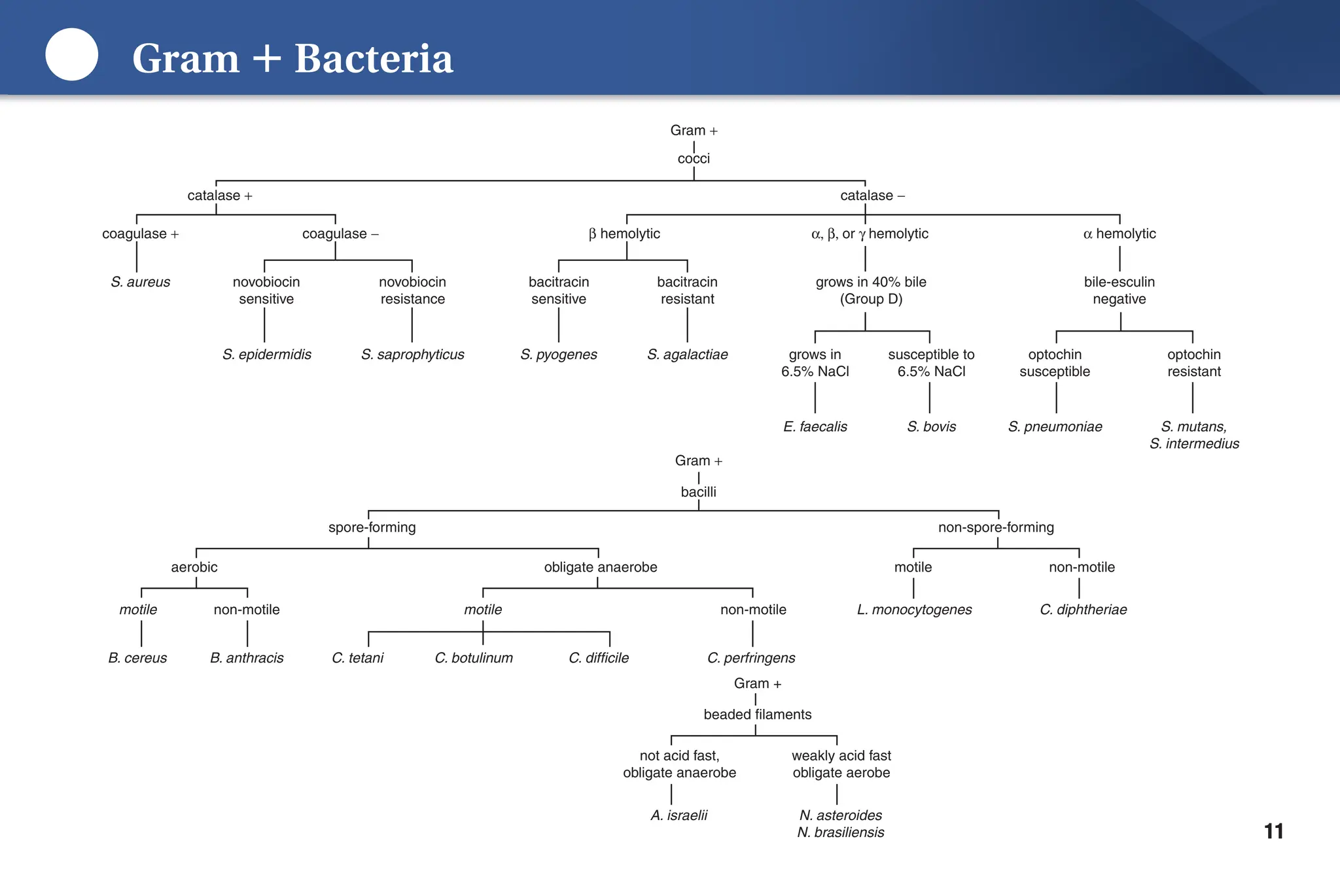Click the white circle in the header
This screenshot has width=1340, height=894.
coord(71,55)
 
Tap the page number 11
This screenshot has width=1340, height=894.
coord(1273,831)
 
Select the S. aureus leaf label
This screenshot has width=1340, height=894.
coord(140,282)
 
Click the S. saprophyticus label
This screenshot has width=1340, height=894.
coord(412,354)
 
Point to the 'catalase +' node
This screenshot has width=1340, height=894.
coord(219,196)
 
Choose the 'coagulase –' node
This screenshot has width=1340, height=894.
coord(340,234)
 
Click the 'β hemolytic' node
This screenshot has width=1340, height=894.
coord(624,234)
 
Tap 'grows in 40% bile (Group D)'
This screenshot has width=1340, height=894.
coord(870,290)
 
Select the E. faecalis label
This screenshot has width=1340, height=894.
coord(815,427)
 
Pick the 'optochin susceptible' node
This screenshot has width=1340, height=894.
coord(1055,363)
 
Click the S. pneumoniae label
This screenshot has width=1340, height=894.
coord(1055,427)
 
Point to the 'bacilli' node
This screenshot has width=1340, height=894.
coord(698,492)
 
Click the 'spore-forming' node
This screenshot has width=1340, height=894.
coord(372,527)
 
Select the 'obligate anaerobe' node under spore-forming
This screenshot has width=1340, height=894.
coord(600,567)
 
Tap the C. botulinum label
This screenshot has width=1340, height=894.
coord(474,658)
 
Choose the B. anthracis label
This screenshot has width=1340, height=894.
coord(247,658)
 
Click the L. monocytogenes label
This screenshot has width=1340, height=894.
coord(914,610)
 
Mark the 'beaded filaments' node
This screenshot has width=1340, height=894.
coord(757,714)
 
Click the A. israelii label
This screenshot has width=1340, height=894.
coord(679,816)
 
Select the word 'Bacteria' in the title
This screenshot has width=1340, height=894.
coord(373,59)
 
